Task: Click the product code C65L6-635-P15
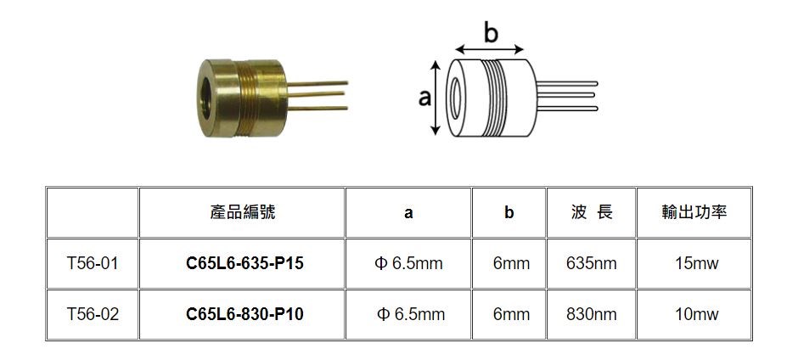coord(244,263)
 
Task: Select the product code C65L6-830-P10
coord(244,314)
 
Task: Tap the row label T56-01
coord(93,263)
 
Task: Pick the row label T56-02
coord(93,314)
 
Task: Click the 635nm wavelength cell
coord(592,263)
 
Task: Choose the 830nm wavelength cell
coord(592,314)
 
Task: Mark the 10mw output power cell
coord(697,314)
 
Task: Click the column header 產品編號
coord(242,211)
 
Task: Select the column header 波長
coord(592,211)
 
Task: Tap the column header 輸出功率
coord(694,211)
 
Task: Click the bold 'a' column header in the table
coord(408,213)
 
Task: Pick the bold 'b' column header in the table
coord(509,212)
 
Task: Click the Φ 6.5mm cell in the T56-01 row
coord(408,263)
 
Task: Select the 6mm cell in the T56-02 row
coord(511,314)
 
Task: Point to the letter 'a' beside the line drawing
coord(424,98)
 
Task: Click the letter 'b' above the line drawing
coord(491,34)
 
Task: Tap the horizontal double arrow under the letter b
coord(490,49)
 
